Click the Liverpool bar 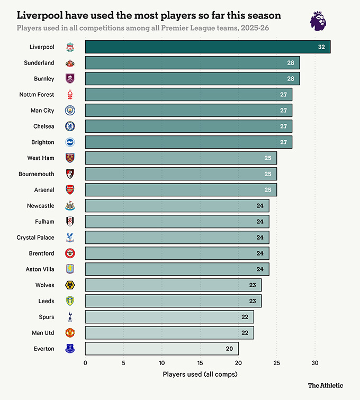click(208, 47)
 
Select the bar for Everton click(161, 349)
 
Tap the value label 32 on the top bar click(321, 47)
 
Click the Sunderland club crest click(70, 63)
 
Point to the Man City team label click(42, 111)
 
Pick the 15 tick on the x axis click(200, 363)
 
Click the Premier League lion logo click(318, 20)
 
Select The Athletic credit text click(326, 385)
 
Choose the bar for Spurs click(169, 317)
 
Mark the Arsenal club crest click(70, 190)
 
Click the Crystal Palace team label click(35, 238)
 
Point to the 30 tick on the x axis click(315, 363)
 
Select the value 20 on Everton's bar click(230, 349)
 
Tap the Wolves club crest click(70, 285)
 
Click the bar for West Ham click(181, 158)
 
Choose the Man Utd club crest click(70, 333)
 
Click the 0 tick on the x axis click(85, 363)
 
